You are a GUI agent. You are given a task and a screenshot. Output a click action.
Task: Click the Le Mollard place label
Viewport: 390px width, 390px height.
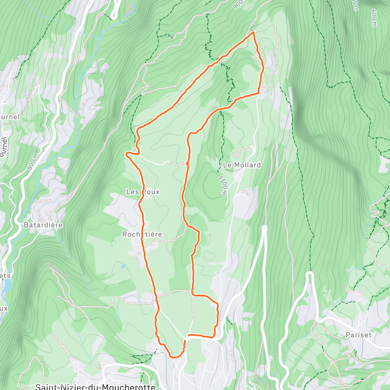click(x=242, y=165)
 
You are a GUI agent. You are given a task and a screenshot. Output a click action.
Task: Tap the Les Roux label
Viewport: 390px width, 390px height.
click(x=143, y=192)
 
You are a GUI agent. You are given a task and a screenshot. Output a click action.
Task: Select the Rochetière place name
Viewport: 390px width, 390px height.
click(x=142, y=234)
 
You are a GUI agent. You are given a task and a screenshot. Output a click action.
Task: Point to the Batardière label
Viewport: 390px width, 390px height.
click(x=43, y=225)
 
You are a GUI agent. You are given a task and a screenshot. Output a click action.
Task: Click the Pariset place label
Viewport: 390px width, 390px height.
click(x=358, y=335)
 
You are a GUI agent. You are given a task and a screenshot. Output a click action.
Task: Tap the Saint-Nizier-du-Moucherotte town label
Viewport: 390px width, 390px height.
click(x=95, y=387)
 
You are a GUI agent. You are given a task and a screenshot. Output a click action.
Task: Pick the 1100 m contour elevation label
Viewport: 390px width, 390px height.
click(x=222, y=186)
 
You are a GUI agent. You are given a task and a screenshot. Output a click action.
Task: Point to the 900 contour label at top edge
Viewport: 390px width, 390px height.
click(x=238, y=4)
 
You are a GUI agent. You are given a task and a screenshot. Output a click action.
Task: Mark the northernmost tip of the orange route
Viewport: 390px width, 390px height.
click(x=253, y=32)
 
